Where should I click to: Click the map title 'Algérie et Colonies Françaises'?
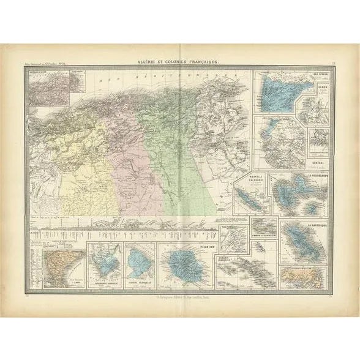pos(179,63)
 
